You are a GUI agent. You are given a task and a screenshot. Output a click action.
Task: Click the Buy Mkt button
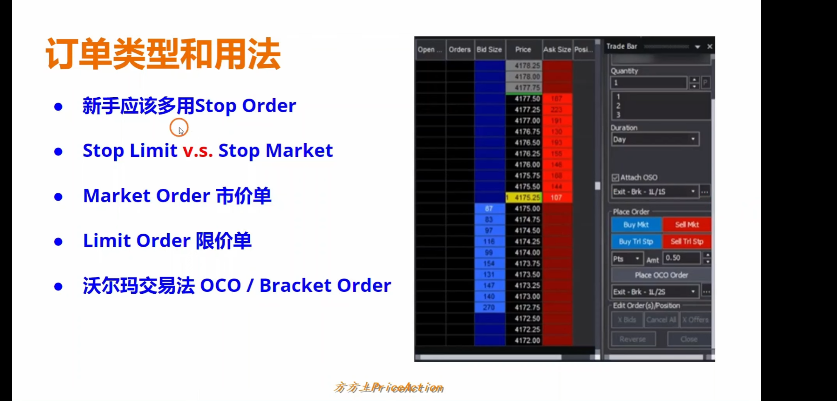point(636,225)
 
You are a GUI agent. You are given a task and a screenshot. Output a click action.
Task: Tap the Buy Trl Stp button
point(636,241)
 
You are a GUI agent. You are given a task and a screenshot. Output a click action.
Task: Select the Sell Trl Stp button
point(687,241)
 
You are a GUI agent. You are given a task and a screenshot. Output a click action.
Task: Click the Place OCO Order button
point(661,275)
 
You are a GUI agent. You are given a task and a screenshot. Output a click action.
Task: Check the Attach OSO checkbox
point(615,178)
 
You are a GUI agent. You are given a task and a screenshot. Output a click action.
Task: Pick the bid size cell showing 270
point(489,307)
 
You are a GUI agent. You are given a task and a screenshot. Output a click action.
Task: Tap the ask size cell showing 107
point(556,198)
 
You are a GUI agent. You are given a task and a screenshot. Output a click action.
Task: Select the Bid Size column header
point(489,50)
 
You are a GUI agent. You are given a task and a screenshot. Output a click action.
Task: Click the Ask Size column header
point(557,50)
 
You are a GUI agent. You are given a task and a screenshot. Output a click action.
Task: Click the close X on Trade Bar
point(709,47)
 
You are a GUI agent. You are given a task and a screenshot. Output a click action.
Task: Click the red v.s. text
point(198,151)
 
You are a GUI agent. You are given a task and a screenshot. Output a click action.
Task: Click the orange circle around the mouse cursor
point(179,127)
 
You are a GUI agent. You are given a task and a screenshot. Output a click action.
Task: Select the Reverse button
point(632,339)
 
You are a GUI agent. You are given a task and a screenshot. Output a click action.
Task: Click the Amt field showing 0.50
point(681,258)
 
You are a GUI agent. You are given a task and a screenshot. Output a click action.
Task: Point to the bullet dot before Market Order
point(58,197)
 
